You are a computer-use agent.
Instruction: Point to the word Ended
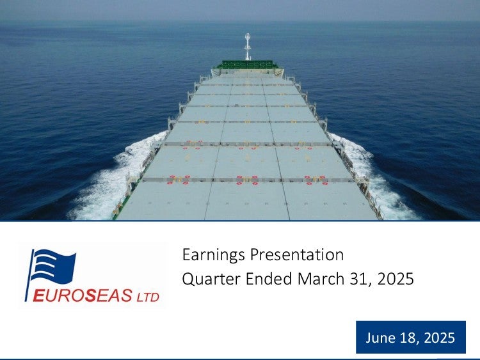point(269,279)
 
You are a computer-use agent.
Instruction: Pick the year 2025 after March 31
point(396,279)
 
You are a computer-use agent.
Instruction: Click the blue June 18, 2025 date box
point(411,337)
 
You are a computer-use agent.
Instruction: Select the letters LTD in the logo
point(148,297)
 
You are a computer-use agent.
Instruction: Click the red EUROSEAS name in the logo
point(83,295)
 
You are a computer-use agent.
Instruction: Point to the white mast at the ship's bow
point(247,47)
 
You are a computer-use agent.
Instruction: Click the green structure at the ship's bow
point(247,65)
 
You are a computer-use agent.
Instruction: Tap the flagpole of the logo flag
point(28,276)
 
